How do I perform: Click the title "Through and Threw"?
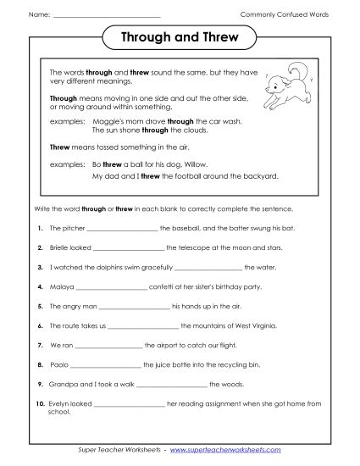click(x=180, y=38)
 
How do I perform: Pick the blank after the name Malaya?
click(x=110, y=286)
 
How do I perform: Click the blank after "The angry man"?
click(x=134, y=306)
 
